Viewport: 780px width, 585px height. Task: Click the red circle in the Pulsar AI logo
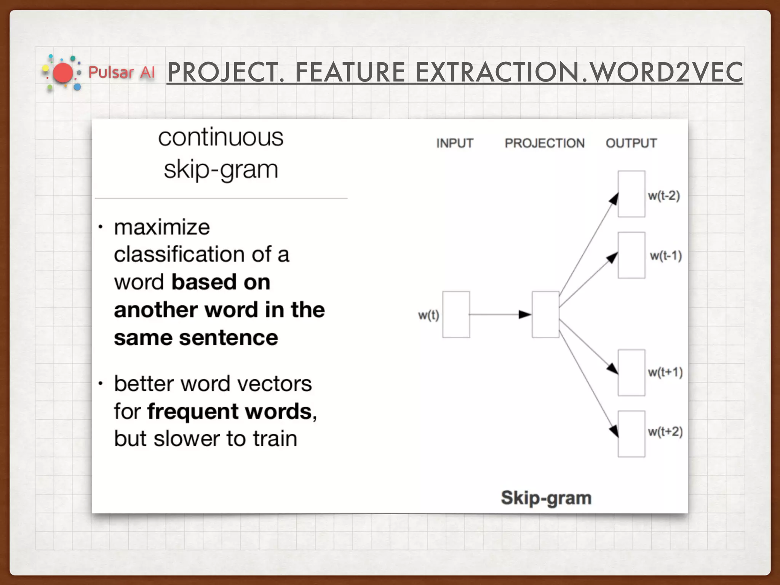pos(63,73)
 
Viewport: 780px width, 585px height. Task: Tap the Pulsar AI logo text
pos(121,72)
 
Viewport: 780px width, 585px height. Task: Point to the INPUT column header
pos(455,143)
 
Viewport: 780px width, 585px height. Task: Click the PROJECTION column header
pos(545,143)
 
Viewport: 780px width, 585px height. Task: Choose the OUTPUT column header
pos(631,143)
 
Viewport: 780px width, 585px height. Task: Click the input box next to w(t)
pos(456,315)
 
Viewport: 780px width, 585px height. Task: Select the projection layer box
pos(545,315)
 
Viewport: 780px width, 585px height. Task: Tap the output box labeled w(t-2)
pos(631,194)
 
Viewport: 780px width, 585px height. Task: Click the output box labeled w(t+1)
pos(631,372)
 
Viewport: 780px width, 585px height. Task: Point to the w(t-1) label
pos(665,256)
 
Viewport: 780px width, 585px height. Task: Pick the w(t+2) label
pos(665,432)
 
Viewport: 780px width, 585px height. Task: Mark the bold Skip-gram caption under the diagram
pos(546,498)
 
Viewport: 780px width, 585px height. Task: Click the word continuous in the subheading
pos(221,137)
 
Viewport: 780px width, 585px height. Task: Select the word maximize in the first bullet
pos(162,227)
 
